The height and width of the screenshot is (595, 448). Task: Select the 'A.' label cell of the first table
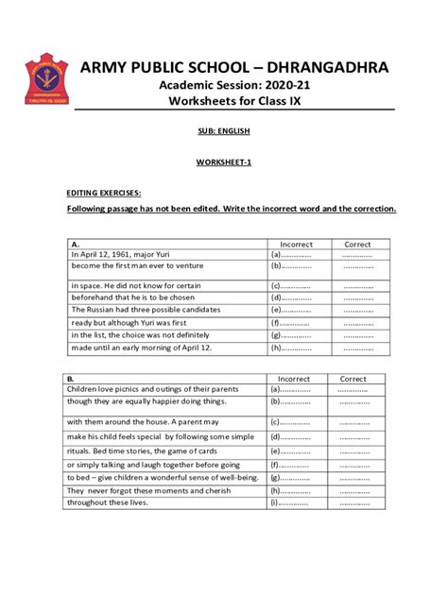(x=75, y=244)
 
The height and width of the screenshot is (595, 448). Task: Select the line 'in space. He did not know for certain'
(x=137, y=284)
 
